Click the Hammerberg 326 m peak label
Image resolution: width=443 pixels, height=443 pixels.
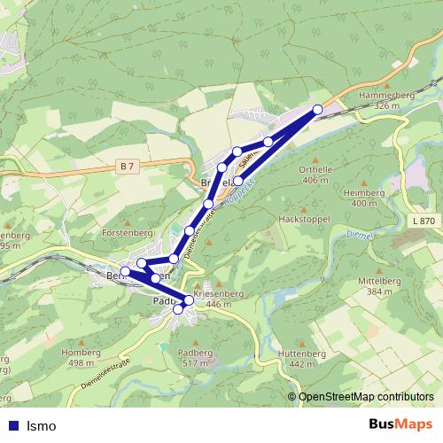pyautogui.click(x=383, y=99)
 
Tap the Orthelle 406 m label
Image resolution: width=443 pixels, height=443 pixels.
pyautogui.click(x=315, y=175)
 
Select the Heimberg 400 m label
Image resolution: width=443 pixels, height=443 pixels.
pyautogui.click(x=364, y=198)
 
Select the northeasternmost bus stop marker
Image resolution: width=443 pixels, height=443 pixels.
pyautogui.click(x=317, y=109)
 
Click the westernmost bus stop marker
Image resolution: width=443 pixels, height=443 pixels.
pyautogui.click(x=126, y=271)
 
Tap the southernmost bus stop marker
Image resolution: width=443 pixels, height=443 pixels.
pyautogui.click(x=178, y=308)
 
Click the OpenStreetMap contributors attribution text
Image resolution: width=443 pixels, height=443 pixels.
pyautogui.click(x=365, y=398)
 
